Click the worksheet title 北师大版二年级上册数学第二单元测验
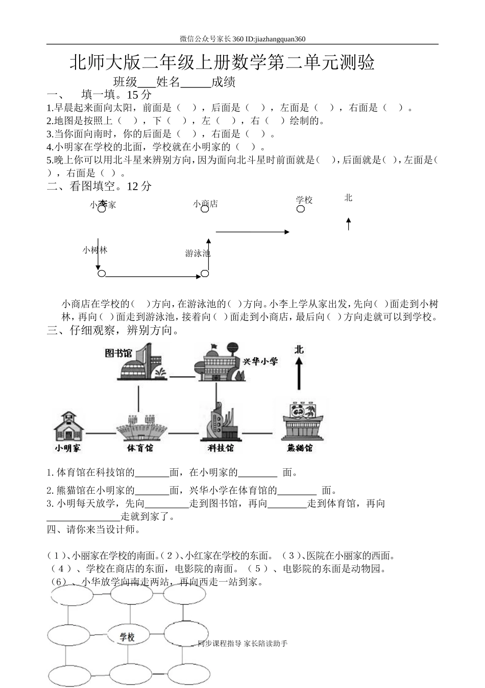point(222,63)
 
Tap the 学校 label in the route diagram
point(304,200)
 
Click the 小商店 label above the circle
point(205,203)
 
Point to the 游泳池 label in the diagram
point(197,253)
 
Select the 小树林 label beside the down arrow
point(95,250)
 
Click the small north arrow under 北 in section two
point(349,223)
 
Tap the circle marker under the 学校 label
point(301,209)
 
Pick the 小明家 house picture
point(70,426)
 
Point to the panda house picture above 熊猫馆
point(303,422)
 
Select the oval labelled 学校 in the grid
point(128,637)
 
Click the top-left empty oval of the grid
point(71,595)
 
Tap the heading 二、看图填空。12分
point(100,186)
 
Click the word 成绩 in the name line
point(223,82)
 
